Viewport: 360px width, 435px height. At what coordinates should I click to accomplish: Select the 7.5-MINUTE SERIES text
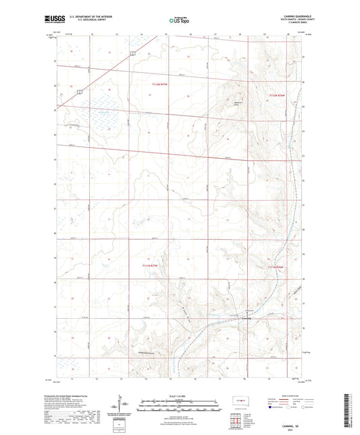tap(291, 25)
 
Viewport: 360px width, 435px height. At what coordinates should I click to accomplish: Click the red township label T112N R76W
tap(278, 96)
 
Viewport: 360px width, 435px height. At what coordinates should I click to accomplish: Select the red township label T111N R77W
tap(153, 265)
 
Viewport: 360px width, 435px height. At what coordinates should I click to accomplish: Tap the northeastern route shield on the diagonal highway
tap(133, 53)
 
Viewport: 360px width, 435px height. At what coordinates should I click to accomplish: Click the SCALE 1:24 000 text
tap(178, 396)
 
